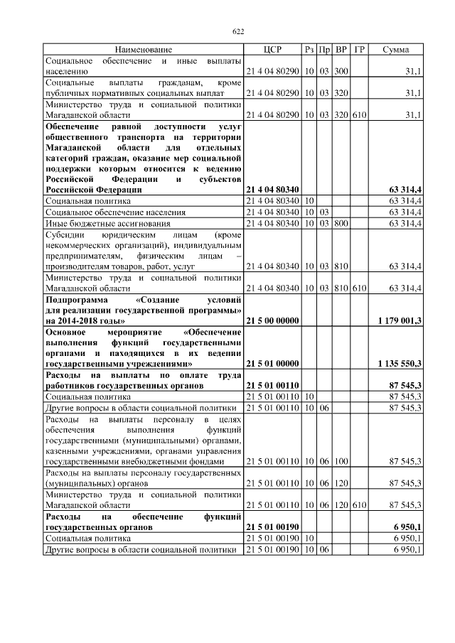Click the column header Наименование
click(143, 50)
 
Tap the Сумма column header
click(395, 50)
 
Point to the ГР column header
click(359, 50)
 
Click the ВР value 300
click(341, 72)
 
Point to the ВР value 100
click(341, 461)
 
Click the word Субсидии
click(63, 234)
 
